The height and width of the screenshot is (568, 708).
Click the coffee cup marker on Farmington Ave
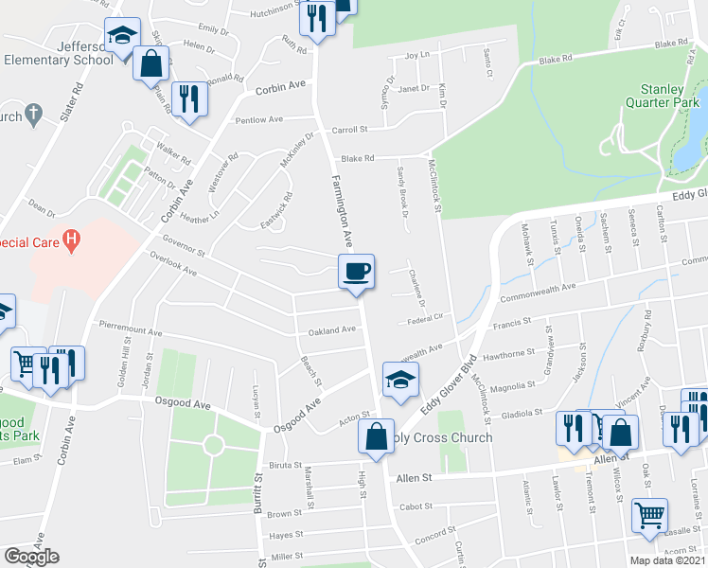[x=357, y=272]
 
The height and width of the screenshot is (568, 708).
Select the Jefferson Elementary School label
[x=59, y=53]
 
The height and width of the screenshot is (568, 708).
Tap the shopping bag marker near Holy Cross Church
[x=375, y=436]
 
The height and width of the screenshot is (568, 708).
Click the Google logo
[x=31, y=557]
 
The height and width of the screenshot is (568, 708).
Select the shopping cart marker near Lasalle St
[x=649, y=516]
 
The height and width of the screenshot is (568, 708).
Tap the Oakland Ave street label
[x=332, y=330]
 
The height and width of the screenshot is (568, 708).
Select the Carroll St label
[x=349, y=130]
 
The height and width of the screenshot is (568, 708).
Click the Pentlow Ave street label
[x=259, y=120]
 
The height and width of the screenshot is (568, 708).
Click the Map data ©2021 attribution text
[x=667, y=560]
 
